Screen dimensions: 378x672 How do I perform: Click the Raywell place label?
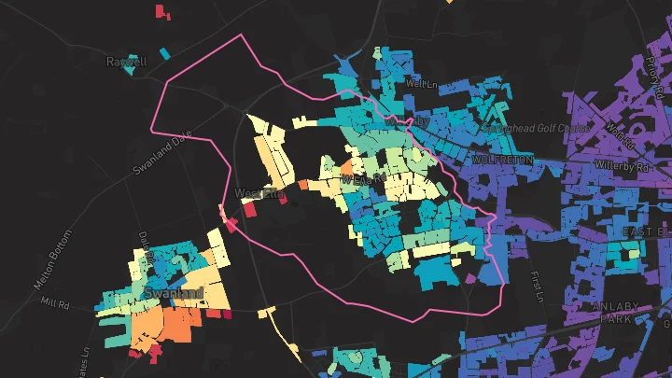(127, 63)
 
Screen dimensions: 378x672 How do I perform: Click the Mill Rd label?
(56, 304)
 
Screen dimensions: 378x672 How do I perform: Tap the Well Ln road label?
(422, 84)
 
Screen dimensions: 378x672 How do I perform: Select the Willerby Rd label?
(629, 168)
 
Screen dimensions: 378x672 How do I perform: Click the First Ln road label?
(538, 286)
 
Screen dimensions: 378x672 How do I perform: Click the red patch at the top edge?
(162, 11)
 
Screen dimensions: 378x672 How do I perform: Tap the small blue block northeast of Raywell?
(164, 53)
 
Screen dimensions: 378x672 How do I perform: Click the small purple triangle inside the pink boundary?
(470, 278)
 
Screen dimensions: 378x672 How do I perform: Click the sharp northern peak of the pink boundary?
(243, 35)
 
